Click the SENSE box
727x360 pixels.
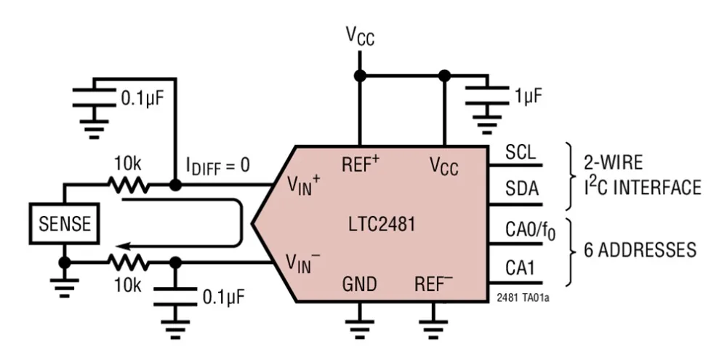point(64,223)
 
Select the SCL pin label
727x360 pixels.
point(521,154)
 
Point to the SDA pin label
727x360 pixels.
point(521,190)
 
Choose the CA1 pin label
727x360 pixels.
point(521,268)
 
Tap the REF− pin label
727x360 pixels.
point(434,283)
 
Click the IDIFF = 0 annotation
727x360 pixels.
point(216,167)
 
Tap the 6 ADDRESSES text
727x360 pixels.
point(640,250)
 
